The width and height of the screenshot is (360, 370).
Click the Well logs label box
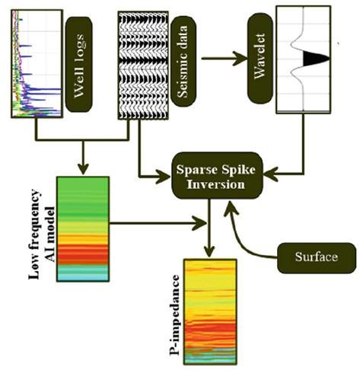coord(78,65)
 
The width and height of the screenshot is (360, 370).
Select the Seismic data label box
coord(183,62)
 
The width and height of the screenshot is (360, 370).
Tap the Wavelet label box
coord(260,58)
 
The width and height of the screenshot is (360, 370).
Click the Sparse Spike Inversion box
coord(217,176)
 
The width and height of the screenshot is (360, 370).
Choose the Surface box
coord(317,258)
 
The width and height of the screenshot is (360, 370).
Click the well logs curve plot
coord(37,64)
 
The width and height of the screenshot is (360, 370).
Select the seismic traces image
coord(143,65)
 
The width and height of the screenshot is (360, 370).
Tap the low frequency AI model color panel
coord(83,229)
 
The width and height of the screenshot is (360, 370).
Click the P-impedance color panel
coord(210,311)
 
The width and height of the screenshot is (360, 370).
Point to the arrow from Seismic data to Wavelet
coord(225,59)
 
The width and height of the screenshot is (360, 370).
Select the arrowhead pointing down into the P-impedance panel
coord(209,252)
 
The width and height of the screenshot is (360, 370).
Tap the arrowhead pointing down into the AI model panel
coord(83,168)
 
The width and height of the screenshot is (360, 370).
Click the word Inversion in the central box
coord(215,184)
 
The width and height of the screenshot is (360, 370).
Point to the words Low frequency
coord(34,234)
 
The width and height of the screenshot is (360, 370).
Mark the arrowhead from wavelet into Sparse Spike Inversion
coord(270,174)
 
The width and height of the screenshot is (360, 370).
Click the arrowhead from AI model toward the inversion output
coord(199,223)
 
